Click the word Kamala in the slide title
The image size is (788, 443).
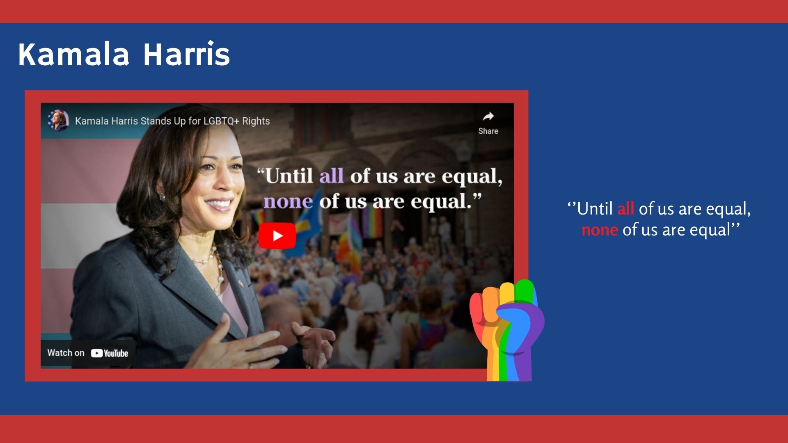pyautogui.click(x=74, y=54)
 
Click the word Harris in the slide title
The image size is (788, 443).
pyautogui.click(x=186, y=53)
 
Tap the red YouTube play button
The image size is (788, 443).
pyautogui.click(x=277, y=236)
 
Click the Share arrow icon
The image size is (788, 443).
pyautogui.click(x=488, y=116)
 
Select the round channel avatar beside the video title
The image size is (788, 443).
pyautogui.click(x=58, y=121)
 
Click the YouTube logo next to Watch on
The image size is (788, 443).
pyautogui.click(x=110, y=353)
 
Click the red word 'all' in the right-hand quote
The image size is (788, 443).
pyautogui.click(x=625, y=209)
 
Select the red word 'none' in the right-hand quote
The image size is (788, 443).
pyautogui.click(x=600, y=230)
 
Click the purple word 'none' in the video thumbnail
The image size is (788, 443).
pyautogui.click(x=288, y=202)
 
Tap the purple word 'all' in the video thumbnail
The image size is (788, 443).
pyautogui.click(x=331, y=176)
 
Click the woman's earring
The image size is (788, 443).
pyautogui.click(x=162, y=197)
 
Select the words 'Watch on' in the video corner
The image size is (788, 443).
pyautogui.click(x=66, y=353)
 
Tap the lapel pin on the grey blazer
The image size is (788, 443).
pyautogui.click(x=241, y=283)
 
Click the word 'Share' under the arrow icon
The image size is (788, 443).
pyautogui.click(x=488, y=131)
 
